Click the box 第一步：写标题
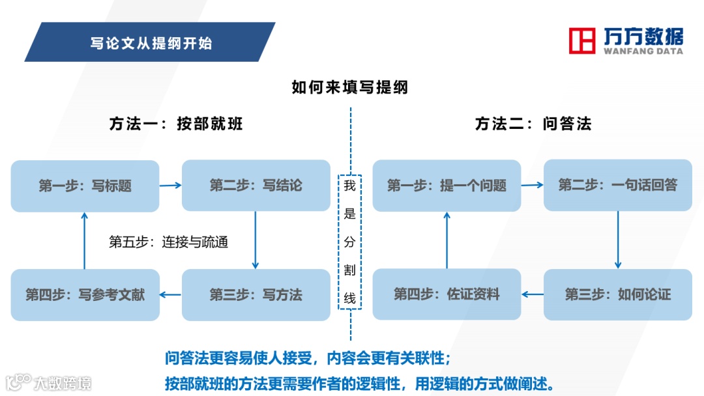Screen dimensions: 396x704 click(85, 186)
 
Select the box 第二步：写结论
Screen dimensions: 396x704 click(256, 186)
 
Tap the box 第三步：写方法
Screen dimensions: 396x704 click(256, 294)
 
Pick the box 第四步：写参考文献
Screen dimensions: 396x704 click(85, 294)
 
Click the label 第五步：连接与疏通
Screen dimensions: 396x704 click(168, 242)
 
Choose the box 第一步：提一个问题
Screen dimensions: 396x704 click(447, 186)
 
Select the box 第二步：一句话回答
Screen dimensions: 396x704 click(617, 185)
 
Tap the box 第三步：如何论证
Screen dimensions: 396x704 click(617, 294)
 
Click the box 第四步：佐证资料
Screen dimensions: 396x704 click(447, 294)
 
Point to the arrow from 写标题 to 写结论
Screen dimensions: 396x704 click(171, 186)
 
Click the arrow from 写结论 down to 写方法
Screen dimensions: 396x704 click(256, 240)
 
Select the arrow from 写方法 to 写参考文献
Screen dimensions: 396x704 click(171, 294)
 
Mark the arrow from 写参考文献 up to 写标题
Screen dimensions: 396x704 click(85, 240)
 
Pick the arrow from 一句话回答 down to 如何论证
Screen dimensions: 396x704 click(618, 240)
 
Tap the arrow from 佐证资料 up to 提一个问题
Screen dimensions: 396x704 click(447, 240)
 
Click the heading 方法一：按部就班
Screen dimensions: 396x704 click(176, 124)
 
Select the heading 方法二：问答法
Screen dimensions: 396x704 click(533, 124)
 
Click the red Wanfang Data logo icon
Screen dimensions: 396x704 click(582, 40)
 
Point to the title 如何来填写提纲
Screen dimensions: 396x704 click(350, 87)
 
